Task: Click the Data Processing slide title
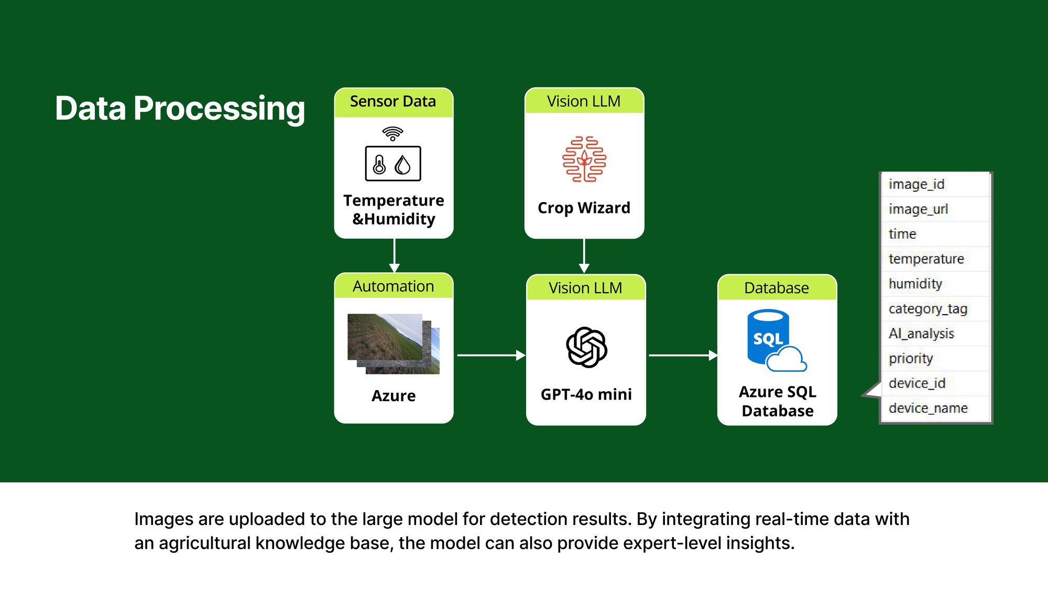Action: (180, 108)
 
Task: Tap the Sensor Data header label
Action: (393, 101)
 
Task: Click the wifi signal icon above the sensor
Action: (393, 133)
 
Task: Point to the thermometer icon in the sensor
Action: (379, 164)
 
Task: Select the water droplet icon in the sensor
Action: (402, 165)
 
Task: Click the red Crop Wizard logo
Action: (584, 159)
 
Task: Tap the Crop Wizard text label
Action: (584, 208)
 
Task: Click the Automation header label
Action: (393, 286)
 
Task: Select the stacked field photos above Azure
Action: (393, 344)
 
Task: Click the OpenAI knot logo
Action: (586, 347)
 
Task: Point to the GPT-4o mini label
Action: (586, 394)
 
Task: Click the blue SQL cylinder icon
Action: (769, 337)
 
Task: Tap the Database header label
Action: (777, 288)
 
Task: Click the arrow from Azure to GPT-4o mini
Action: (490, 355)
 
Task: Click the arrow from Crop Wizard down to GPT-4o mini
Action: (584, 256)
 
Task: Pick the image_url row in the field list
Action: (918, 209)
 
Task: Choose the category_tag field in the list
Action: (927, 309)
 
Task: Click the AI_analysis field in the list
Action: (921, 334)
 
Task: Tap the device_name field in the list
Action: (928, 408)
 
